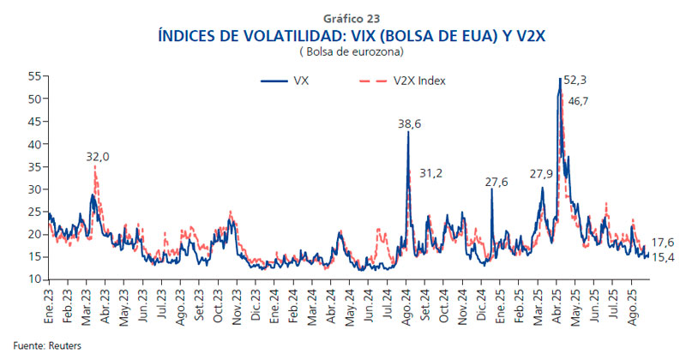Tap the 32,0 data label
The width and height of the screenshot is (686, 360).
point(98,157)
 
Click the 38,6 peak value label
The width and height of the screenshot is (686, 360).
point(409,124)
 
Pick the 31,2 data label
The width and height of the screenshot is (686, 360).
point(430,174)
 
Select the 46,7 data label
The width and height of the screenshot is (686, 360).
point(579,101)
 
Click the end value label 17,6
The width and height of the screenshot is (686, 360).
point(663,243)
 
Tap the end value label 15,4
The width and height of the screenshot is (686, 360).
point(663,257)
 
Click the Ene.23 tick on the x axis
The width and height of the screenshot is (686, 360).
point(50,299)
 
